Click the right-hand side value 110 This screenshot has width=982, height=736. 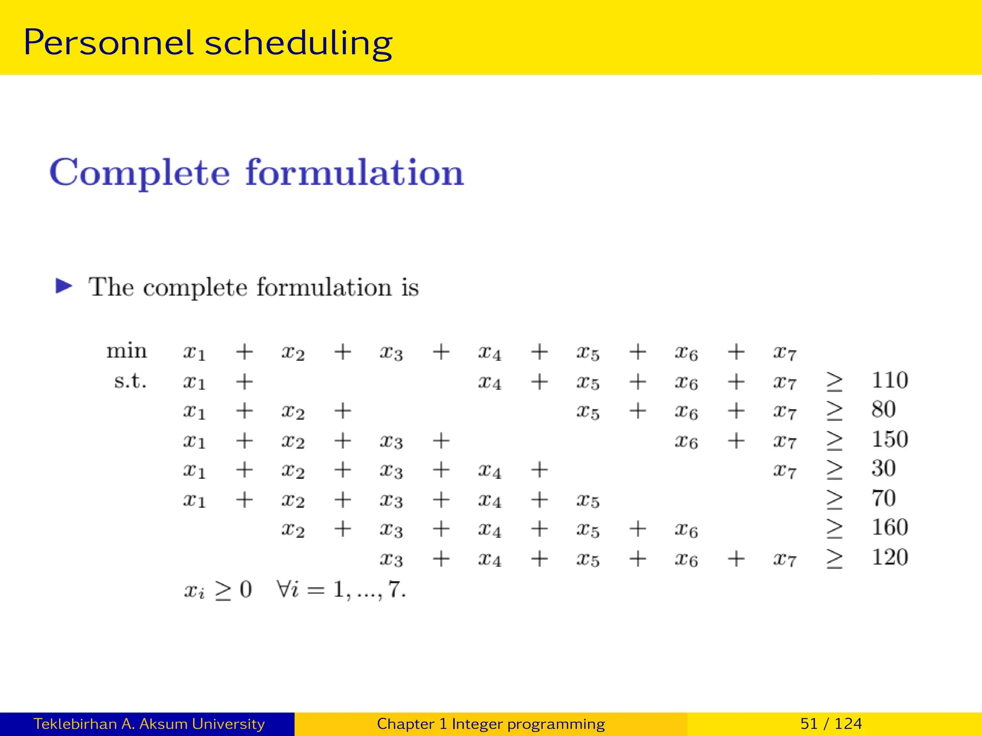[x=889, y=380]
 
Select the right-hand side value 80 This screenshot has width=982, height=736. [x=883, y=410]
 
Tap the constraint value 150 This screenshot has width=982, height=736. [x=889, y=439]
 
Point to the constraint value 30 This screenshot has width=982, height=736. [x=883, y=469]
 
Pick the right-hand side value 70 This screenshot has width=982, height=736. [x=883, y=498]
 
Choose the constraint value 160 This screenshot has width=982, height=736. [x=889, y=528]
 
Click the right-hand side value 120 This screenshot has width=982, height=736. [x=889, y=557]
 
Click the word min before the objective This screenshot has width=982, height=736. [x=127, y=351]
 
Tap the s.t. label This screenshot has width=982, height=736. [x=130, y=381]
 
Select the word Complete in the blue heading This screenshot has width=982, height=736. [x=140, y=173]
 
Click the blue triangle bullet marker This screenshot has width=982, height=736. [x=64, y=286]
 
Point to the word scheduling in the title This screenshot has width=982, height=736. [x=298, y=43]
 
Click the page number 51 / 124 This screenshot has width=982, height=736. [x=831, y=724]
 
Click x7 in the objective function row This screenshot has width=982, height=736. [x=784, y=353]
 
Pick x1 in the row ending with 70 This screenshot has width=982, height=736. [x=194, y=500]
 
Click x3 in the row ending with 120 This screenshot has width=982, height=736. [x=391, y=559]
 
